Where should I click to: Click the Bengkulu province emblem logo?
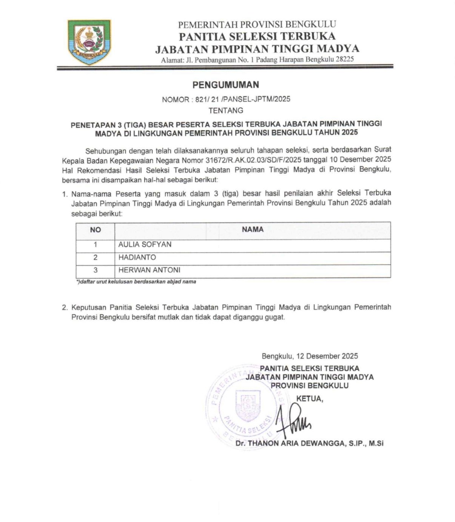point(89,42)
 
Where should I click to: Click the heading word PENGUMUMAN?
point(226,85)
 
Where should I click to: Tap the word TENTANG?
point(226,111)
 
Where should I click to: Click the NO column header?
point(95,230)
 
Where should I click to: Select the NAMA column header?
point(253,229)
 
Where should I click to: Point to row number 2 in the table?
point(95,257)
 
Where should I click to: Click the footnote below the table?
point(136,282)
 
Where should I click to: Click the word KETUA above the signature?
point(310,398)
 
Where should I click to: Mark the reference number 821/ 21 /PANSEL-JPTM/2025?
point(243,99)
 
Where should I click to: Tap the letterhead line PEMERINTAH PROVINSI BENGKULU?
point(257,25)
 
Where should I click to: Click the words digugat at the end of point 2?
point(275,317)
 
